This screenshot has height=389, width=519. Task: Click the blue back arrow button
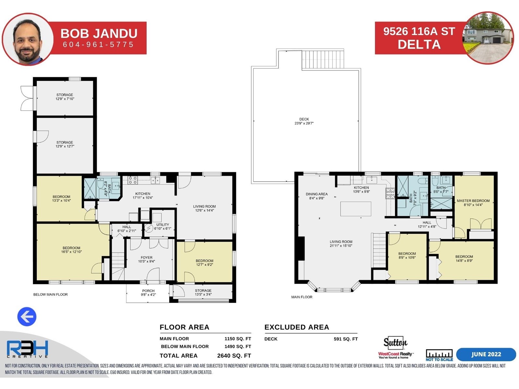27,316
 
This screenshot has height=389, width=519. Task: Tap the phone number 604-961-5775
98,44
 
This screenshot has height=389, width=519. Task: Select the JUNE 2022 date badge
486,354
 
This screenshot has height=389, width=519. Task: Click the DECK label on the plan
304,119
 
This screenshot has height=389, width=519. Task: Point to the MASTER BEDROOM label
473,201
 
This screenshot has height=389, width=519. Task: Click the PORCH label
148,291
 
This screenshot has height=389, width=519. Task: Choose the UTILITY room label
163,225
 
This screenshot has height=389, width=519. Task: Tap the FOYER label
147,257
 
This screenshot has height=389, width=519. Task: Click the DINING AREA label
317,194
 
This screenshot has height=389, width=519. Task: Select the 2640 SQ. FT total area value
234,356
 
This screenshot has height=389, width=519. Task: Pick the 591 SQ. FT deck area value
346,339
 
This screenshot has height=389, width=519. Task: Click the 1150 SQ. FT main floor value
238,339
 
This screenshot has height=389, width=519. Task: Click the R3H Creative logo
27,349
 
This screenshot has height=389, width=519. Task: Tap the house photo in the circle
489,38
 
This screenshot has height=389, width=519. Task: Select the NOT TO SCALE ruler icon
439,355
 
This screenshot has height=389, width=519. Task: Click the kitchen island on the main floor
356,209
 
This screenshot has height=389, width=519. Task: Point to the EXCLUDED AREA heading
297,327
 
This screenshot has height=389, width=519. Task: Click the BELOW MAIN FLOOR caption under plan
50,295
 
